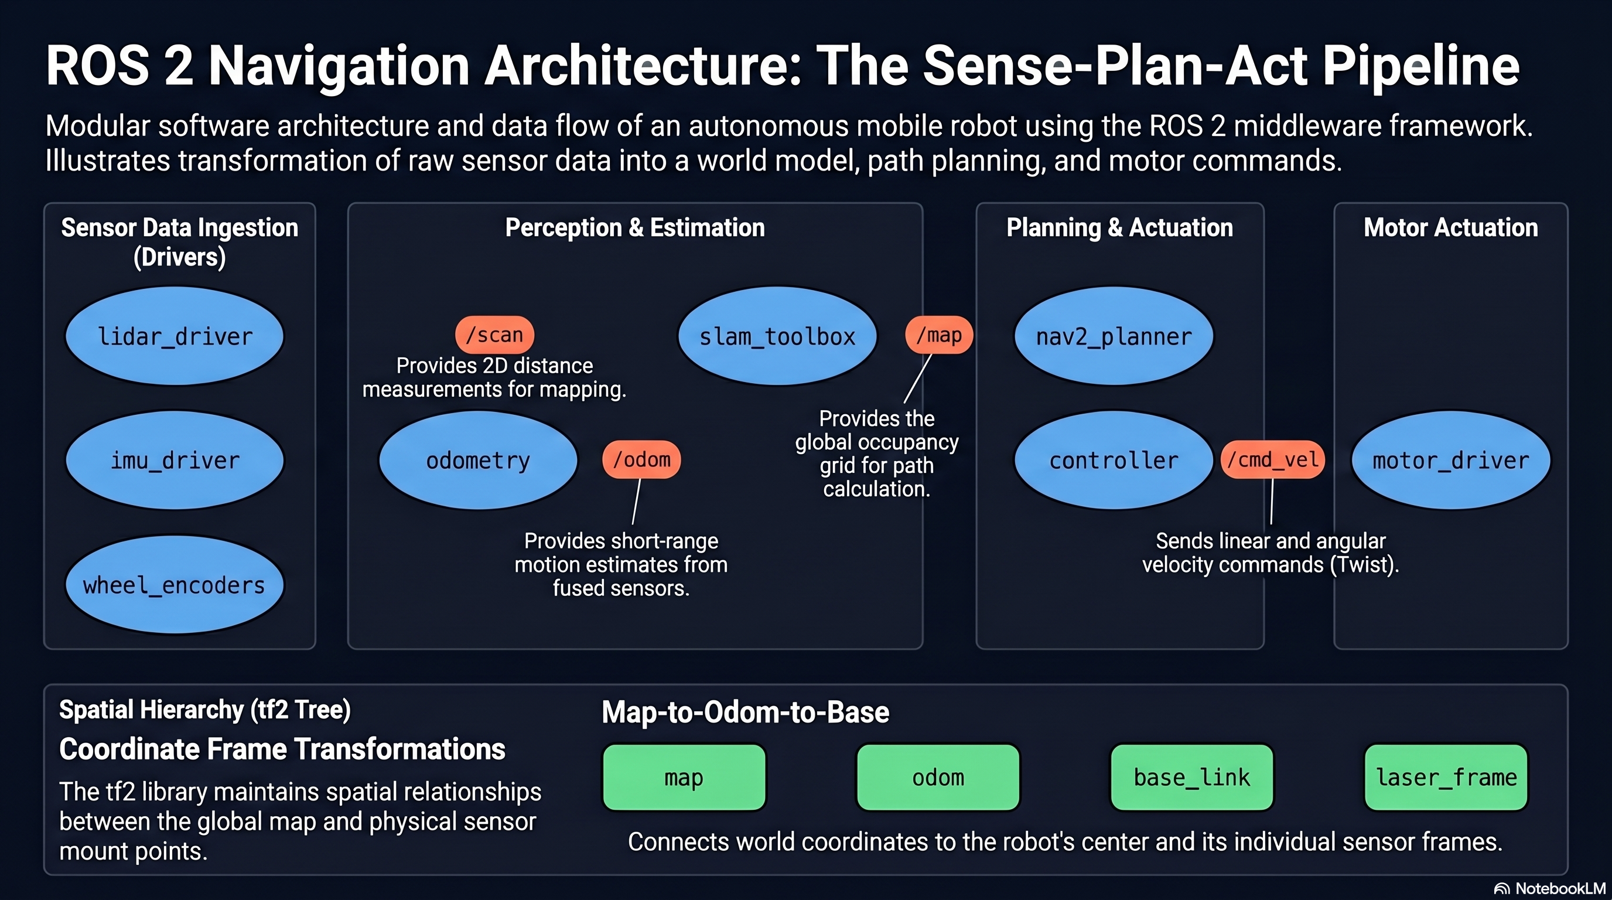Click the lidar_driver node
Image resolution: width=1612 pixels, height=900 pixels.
pyautogui.click(x=175, y=336)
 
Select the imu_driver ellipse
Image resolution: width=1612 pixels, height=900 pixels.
pyautogui.click(x=175, y=460)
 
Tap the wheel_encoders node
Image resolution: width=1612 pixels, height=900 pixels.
pyautogui.click(x=175, y=585)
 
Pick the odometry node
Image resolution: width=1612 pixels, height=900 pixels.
pyautogui.click(x=478, y=460)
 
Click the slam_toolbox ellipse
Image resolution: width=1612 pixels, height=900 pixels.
pyautogui.click(x=777, y=336)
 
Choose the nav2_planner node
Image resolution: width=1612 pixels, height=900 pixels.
pyautogui.click(x=1114, y=336)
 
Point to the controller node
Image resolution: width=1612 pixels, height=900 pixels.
pyautogui.click(x=1114, y=460)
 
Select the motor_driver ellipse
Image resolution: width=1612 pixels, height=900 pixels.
pyautogui.click(x=1450, y=460)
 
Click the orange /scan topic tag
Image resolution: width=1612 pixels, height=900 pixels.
pyautogui.click(x=494, y=335)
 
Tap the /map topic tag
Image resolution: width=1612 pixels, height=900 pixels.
pyautogui.click(x=938, y=335)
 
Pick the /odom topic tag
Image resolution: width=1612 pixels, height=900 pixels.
pyautogui.click(x=641, y=459)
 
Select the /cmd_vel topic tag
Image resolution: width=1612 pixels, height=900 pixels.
pyautogui.click(x=1273, y=459)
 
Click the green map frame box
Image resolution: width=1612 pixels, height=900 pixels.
pyautogui.click(x=684, y=778)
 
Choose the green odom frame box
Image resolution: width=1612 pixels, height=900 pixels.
pyautogui.click(x=938, y=778)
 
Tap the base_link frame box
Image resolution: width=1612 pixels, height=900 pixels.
pyautogui.click(x=1192, y=778)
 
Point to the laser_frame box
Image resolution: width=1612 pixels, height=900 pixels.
pyautogui.click(x=1446, y=778)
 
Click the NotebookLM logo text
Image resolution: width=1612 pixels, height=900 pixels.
pyautogui.click(x=1560, y=889)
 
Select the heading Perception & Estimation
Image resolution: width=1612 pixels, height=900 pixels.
pyautogui.click(x=635, y=228)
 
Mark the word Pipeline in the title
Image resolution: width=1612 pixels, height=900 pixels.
pyautogui.click(x=1421, y=66)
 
